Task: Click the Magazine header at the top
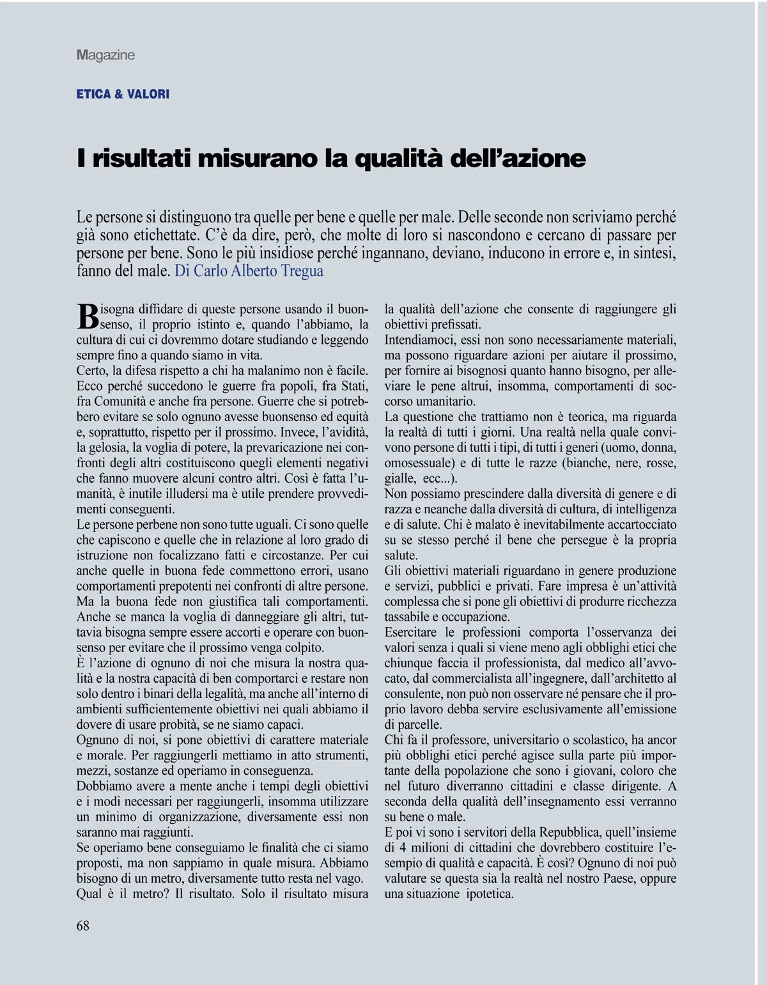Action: pos(105,55)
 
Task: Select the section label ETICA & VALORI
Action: pos(123,94)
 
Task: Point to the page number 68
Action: pos(83,926)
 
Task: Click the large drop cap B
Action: pos(88,315)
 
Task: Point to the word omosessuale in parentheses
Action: pos(419,463)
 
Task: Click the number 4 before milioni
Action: pos(404,848)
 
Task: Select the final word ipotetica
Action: pos(490,894)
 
